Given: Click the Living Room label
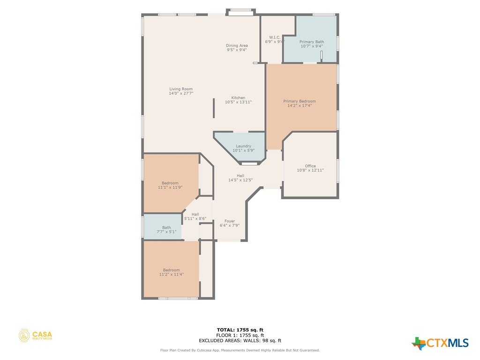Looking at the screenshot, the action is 181,89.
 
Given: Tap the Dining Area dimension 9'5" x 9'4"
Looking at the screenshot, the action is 237,50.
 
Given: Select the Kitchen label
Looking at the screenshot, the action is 238,97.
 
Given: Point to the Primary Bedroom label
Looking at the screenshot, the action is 300,101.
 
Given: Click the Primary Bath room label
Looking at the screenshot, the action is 312,42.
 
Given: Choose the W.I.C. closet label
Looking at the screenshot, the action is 275,37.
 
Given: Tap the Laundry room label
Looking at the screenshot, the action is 244,146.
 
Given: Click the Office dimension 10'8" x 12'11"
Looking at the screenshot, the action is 310,170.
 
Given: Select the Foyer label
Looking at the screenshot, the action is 230,221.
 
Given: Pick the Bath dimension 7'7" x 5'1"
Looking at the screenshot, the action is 166,232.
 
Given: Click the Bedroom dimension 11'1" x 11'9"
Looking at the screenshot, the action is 170,187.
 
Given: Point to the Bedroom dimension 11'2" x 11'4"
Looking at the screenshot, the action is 172,274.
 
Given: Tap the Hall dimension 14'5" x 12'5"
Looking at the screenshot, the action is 240,180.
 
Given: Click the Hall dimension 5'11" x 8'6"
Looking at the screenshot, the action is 195,218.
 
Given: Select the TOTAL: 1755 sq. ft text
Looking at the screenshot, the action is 240,330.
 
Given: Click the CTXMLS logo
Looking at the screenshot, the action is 440,343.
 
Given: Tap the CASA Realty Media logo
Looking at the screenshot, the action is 35,336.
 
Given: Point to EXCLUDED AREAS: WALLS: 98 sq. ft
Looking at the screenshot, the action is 240,340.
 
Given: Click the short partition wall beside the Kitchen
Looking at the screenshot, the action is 214,108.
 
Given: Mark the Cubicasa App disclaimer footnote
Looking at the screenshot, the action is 240,350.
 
